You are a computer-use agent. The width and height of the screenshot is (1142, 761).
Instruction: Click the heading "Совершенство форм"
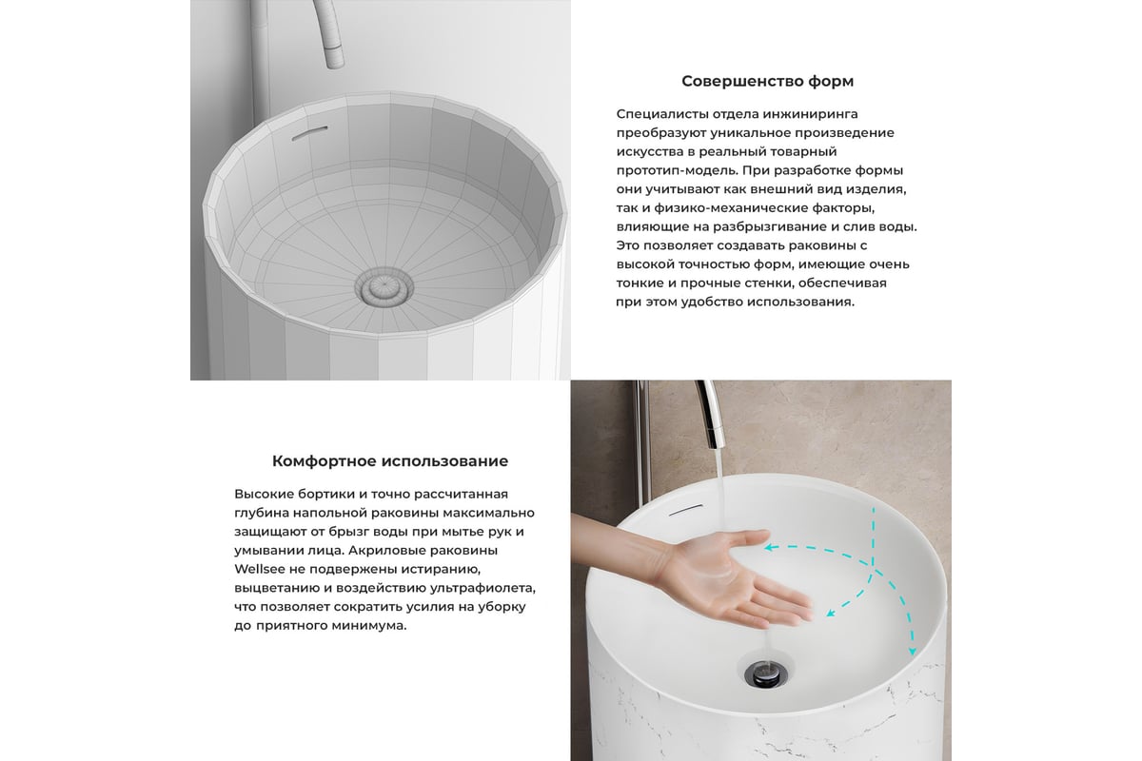pos(767,81)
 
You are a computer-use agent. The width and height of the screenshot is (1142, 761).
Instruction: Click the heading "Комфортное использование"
pos(390,460)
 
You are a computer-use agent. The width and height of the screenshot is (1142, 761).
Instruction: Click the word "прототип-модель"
pos(677,170)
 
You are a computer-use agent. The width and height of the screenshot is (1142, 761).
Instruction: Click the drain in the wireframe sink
pos(384,288)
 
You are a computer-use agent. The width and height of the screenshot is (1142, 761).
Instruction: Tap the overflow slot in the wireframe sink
pos(309,132)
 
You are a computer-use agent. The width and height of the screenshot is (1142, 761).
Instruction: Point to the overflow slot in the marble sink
pos(685,509)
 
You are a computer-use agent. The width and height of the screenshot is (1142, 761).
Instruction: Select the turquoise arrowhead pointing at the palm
pos(769,548)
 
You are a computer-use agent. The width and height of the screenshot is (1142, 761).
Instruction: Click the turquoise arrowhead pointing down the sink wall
pos(912,651)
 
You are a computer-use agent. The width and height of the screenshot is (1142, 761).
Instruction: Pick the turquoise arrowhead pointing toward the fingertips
pos(831,613)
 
